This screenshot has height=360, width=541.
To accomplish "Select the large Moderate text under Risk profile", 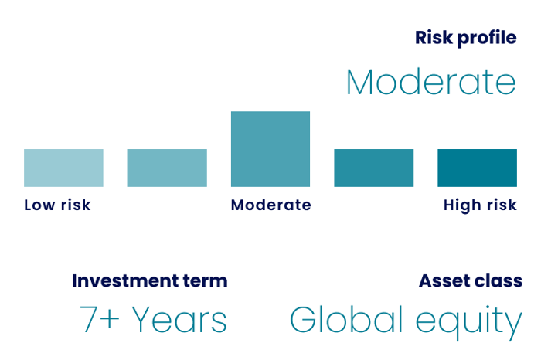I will pos(430,82).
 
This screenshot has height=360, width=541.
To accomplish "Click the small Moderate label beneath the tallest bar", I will pos(270,205).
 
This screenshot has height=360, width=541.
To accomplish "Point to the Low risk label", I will pos(57,205).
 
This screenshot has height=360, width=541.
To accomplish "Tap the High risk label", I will pos(480,205).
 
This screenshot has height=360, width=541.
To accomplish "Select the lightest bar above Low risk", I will pos(63,168).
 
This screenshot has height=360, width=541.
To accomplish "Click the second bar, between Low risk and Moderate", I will pos(167,168).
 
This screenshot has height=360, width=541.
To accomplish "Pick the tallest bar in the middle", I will pos(270,149).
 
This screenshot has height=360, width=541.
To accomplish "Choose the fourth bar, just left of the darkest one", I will pos(373,168).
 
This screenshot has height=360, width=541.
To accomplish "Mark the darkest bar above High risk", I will pos(477,168).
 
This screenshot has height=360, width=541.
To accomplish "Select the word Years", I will pos(179,320).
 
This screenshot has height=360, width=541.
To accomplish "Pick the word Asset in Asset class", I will pos(444,281).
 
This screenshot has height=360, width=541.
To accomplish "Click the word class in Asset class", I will pos(498,281).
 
